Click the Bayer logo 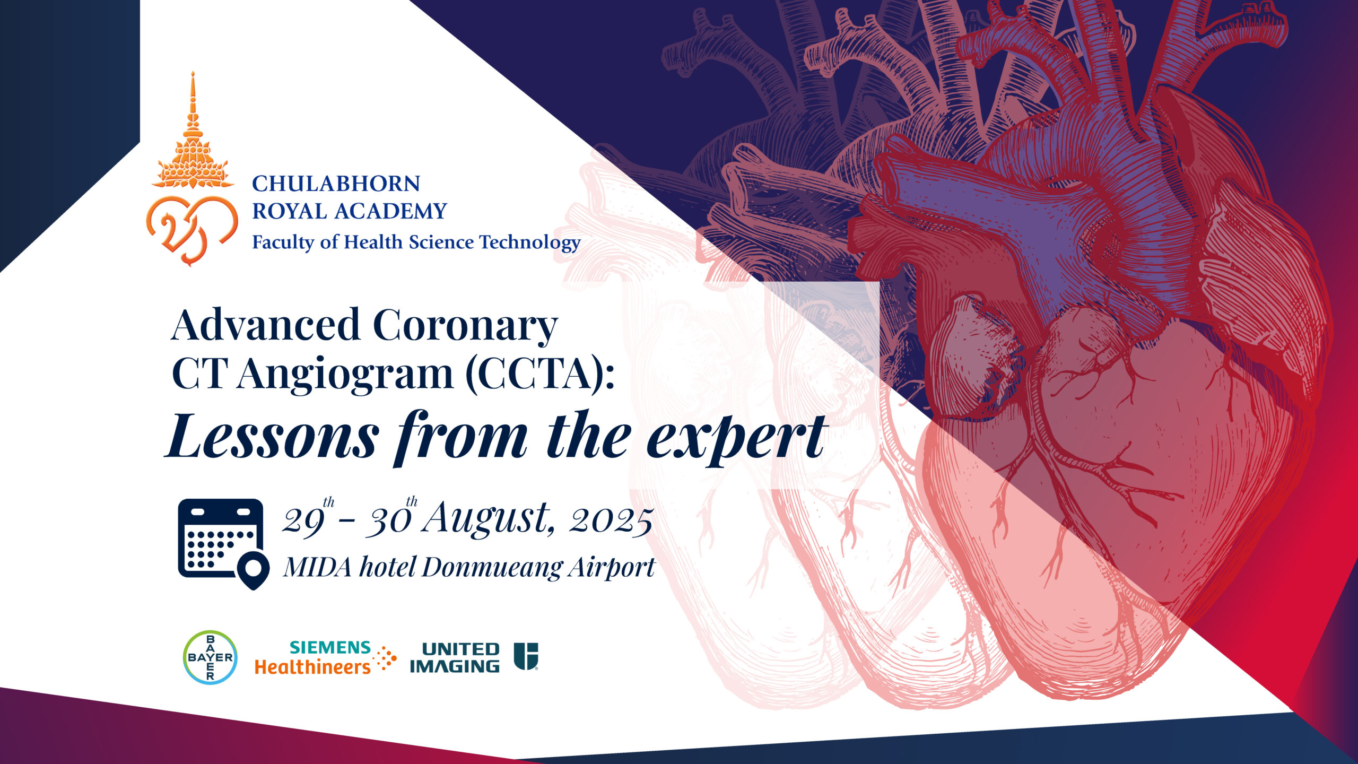coord(210,657)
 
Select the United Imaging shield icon coord(526,656)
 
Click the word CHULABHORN coord(336,184)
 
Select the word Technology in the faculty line coord(530,242)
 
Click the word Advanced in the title coord(266,325)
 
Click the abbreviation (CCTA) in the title coord(539,374)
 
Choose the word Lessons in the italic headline coord(272,437)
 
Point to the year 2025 coord(611,521)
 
